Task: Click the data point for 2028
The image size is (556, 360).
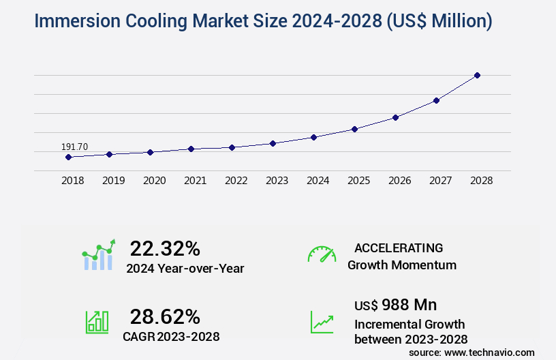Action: click(477, 75)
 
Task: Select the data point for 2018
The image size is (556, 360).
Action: click(68, 157)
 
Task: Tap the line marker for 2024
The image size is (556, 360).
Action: click(313, 137)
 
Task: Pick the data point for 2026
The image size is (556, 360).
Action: click(395, 117)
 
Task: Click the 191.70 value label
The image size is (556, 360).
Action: click(74, 147)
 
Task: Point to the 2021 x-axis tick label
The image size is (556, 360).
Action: click(195, 181)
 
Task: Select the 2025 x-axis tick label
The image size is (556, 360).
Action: click(358, 181)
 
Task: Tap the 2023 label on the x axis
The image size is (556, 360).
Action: click(277, 181)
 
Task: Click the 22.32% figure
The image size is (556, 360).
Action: click(165, 248)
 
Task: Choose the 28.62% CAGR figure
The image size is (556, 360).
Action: click(165, 316)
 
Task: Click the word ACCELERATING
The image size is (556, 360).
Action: click(399, 247)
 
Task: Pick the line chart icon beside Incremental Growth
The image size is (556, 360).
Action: click(322, 322)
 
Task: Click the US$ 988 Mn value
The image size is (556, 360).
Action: click(396, 304)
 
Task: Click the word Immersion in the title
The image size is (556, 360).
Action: click(76, 21)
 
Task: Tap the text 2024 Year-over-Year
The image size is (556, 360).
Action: click(185, 268)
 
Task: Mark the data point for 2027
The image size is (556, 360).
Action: click(436, 100)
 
